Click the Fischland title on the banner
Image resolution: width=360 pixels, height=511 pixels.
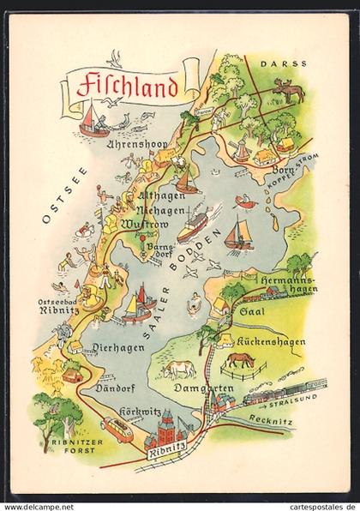pyautogui.click(x=127, y=86)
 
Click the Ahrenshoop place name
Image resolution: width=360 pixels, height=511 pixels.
pyautogui.click(x=135, y=145)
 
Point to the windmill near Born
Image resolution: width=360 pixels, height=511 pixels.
pyautogui.click(x=242, y=149)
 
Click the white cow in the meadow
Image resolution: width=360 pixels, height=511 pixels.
pyautogui.click(x=178, y=369)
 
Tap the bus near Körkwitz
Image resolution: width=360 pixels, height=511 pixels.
pyautogui.click(x=117, y=428)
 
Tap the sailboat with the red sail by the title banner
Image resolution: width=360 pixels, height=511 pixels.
pyautogui.click(x=93, y=120)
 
